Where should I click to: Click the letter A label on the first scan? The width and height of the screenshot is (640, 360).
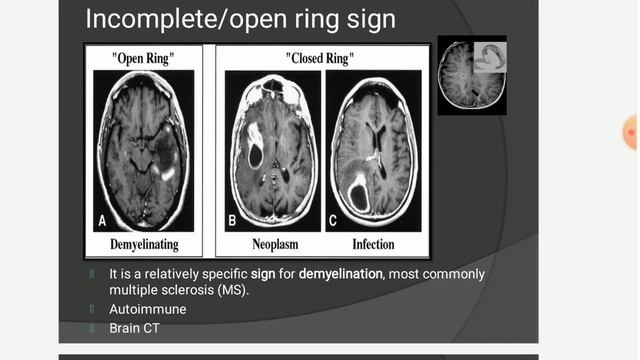(x=102, y=221)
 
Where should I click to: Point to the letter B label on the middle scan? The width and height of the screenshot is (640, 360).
(x=233, y=220)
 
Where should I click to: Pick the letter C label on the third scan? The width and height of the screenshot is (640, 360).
(x=333, y=220)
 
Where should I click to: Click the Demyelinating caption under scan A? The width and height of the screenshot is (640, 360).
(x=146, y=243)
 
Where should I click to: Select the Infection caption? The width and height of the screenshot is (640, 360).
(x=373, y=243)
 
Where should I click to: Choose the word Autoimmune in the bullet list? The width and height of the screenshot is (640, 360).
(x=148, y=309)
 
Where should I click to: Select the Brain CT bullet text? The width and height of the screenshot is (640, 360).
(x=135, y=327)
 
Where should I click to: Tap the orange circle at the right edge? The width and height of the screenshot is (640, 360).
(x=632, y=132)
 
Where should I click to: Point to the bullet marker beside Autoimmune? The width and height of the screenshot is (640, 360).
(x=91, y=309)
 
